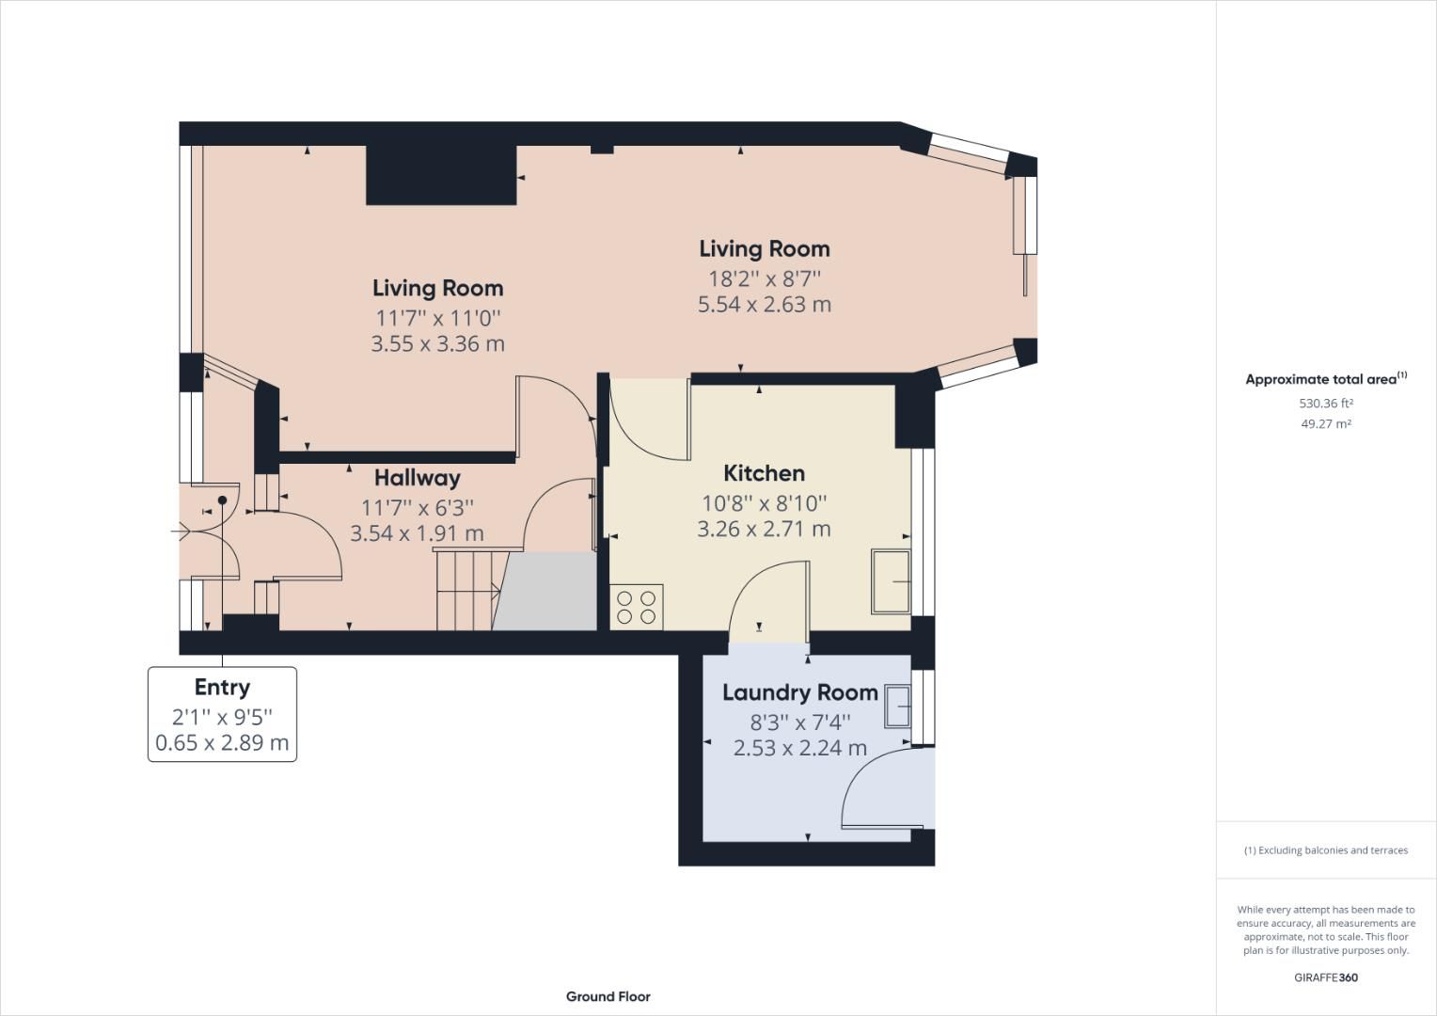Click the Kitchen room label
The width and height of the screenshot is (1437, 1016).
764,473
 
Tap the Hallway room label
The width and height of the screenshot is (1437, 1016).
417,478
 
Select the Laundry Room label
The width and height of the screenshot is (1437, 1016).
799,693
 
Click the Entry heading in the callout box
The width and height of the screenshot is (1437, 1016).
222,687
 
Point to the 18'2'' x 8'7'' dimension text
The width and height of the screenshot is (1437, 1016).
764,278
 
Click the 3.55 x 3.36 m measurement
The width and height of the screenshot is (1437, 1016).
437,344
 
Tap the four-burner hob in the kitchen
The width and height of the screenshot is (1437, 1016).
637,607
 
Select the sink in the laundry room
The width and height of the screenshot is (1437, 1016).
897,706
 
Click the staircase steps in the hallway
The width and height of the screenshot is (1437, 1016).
464,591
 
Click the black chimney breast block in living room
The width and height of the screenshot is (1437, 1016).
440,175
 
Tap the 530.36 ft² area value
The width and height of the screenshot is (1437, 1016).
1325,404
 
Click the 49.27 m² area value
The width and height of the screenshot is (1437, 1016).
1325,424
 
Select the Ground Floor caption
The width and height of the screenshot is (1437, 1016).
608,996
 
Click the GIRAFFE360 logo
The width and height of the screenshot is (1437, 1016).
1325,977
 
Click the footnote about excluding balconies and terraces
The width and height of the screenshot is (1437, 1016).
1325,850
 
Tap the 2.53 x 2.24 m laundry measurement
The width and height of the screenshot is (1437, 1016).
799,749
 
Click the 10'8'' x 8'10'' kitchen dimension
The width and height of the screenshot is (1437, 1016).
764,503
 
